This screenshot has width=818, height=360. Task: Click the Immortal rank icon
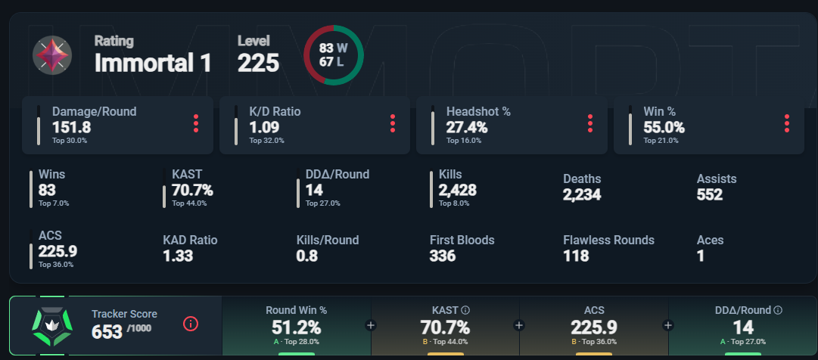pos(52,55)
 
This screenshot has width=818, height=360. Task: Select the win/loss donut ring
pos(333,55)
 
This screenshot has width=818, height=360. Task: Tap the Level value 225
pos(258,64)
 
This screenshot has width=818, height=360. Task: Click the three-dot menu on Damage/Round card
pos(196,123)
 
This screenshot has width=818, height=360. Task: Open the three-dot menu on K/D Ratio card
pos(393,123)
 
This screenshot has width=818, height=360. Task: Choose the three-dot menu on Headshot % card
pos(589,123)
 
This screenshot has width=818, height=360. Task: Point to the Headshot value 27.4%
pos(467,127)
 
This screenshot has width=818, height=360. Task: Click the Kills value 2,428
pos(458,191)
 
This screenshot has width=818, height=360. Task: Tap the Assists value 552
pos(710,194)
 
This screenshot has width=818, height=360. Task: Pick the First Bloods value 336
pos(443,256)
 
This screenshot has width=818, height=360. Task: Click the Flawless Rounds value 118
pos(576,256)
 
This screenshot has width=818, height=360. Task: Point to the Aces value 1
pos(701,256)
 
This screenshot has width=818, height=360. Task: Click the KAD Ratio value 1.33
pos(178,256)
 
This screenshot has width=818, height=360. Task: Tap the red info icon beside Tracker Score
pos(191,324)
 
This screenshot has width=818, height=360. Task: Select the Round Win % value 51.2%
pos(296,327)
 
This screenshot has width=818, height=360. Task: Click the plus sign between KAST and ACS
pos(519,325)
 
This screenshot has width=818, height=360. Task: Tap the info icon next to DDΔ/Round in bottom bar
pos(777,309)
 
